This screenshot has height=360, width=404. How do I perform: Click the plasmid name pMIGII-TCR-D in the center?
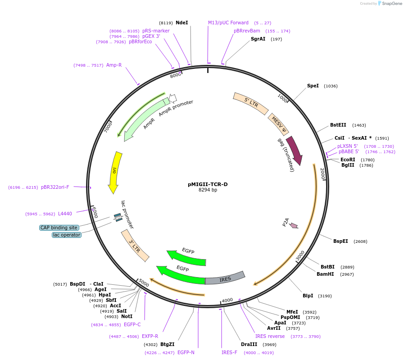click(x=208, y=184)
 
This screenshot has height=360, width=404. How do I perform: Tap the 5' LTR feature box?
click(x=250, y=103)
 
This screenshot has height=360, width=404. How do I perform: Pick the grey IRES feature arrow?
click(x=225, y=278)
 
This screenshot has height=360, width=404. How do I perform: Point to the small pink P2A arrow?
click(x=294, y=225)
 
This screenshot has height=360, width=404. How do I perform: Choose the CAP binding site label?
click(x=59, y=228)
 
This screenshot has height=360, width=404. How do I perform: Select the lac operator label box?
click(x=67, y=235)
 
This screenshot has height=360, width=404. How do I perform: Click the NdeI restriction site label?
click(x=182, y=23)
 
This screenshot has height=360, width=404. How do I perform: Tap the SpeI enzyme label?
click(x=313, y=86)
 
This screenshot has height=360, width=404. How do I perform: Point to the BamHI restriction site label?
click(x=325, y=274)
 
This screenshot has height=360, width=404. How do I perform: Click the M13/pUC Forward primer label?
click(x=228, y=23)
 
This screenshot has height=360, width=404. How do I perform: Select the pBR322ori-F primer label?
click(x=55, y=187)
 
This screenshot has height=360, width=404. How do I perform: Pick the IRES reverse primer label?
click(x=270, y=336)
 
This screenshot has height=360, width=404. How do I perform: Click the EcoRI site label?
click(x=348, y=159)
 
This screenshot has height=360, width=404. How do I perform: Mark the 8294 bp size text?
click(x=208, y=190)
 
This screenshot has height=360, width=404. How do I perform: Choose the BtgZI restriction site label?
click(x=167, y=345)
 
